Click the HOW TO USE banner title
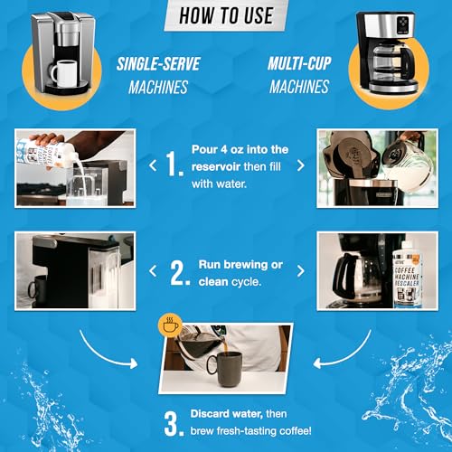226,14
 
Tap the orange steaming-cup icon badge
165,322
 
